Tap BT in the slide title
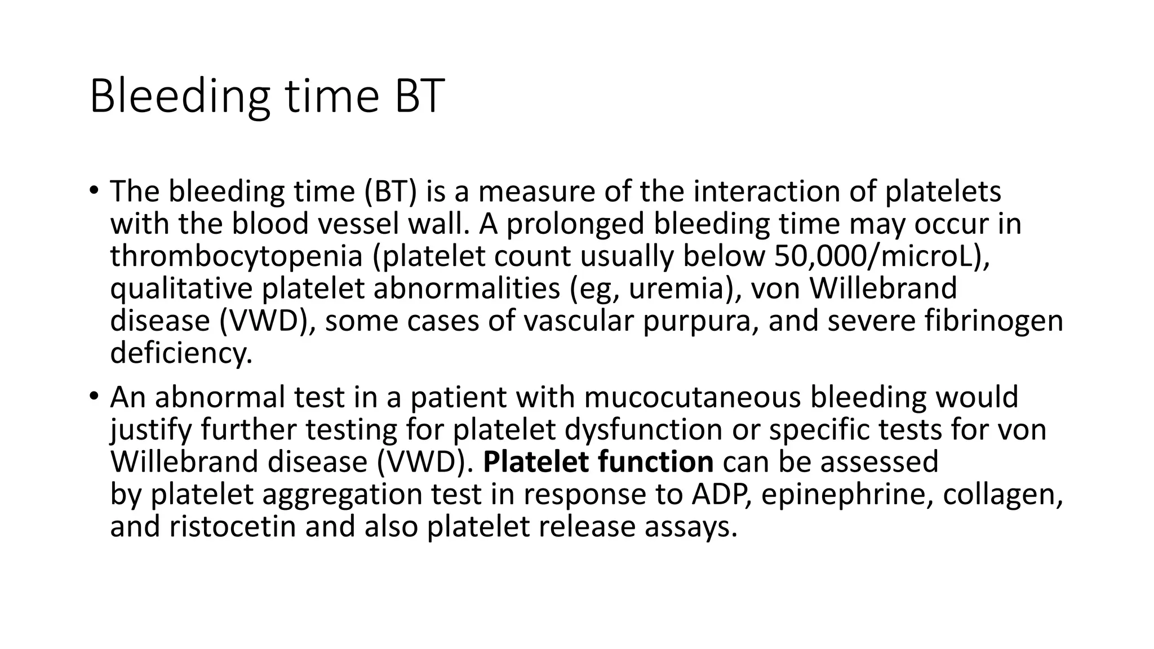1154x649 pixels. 419,96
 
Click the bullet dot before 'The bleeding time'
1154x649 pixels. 93,190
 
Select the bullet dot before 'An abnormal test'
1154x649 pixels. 93,396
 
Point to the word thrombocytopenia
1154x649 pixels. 236,256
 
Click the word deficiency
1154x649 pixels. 181,354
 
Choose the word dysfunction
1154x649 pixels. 643,430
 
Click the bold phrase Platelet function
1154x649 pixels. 598,462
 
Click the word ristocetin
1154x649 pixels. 232,527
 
